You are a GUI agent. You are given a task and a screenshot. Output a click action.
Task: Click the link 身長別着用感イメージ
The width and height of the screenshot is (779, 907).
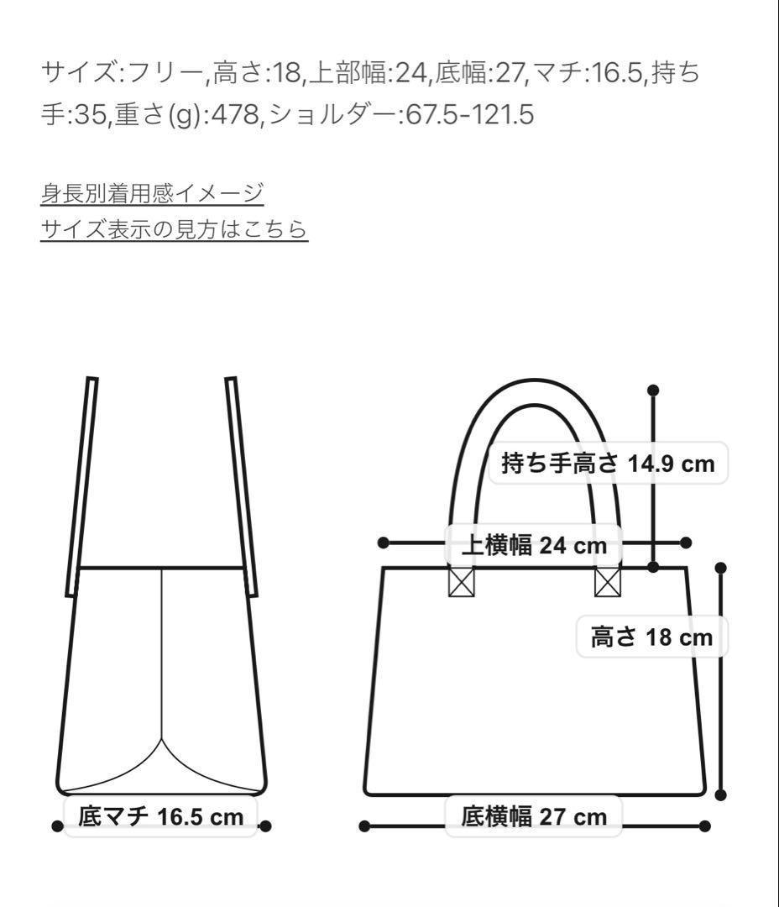(x=152, y=193)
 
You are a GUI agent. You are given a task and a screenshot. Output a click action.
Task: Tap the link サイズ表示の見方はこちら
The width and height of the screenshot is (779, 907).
(x=174, y=228)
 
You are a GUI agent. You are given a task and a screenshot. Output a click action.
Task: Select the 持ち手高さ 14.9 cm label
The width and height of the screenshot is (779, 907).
(x=608, y=463)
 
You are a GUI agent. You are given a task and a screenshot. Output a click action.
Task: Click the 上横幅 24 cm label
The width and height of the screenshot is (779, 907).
(x=534, y=545)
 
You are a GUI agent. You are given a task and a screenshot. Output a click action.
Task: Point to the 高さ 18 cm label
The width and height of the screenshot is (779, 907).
(x=651, y=637)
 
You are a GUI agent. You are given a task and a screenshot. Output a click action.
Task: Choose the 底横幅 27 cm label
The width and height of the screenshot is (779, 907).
(x=534, y=815)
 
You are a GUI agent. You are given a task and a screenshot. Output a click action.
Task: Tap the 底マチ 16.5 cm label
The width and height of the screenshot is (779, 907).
(x=160, y=815)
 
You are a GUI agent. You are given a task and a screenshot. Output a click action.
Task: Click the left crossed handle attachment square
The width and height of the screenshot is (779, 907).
(x=461, y=581)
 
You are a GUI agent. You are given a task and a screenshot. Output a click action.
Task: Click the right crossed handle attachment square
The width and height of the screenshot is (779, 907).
(x=607, y=581)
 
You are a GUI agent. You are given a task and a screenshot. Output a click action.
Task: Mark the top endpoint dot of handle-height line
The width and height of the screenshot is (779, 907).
(x=654, y=390)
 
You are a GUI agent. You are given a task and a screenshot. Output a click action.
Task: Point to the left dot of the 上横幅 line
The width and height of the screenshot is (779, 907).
(x=384, y=543)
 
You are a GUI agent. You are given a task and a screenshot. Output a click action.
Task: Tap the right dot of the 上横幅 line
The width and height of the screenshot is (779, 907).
(x=686, y=543)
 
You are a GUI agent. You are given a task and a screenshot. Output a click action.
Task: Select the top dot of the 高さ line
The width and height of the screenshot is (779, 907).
(x=720, y=568)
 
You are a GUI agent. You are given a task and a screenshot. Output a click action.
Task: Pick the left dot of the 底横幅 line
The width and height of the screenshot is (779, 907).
(x=364, y=826)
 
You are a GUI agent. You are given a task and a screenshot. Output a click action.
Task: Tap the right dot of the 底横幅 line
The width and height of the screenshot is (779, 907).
(x=705, y=826)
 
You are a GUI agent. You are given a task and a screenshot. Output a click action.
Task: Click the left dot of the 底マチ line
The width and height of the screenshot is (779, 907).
(x=57, y=826)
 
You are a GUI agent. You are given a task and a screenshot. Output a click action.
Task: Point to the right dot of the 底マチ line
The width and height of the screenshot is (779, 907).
(x=265, y=826)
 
